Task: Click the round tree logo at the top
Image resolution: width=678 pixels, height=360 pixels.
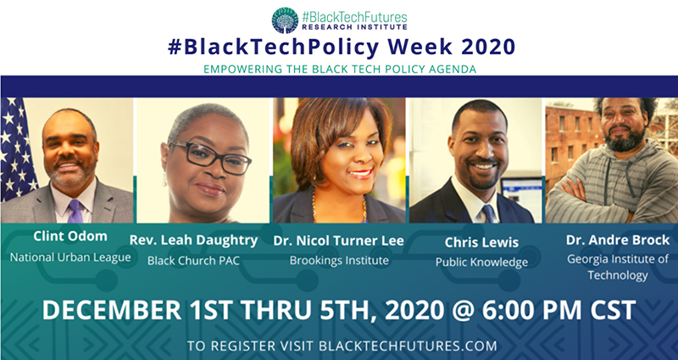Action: (285, 20)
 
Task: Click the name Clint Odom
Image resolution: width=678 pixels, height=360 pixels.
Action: (70, 236)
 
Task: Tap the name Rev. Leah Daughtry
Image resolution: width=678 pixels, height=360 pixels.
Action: (193, 241)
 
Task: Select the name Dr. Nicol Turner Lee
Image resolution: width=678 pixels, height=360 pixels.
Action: (338, 241)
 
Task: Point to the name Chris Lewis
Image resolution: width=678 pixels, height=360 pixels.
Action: (481, 242)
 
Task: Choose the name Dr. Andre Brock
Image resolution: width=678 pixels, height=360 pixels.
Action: (618, 241)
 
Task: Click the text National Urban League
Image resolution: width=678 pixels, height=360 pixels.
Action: (70, 258)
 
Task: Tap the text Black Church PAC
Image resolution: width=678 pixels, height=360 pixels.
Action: (193, 261)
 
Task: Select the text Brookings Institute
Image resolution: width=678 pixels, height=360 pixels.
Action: (339, 261)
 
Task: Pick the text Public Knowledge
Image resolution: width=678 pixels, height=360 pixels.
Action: (481, 263)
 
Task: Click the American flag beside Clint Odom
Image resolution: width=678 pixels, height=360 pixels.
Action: (17, 150)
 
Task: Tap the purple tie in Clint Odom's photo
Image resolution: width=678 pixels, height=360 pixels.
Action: (75, 211)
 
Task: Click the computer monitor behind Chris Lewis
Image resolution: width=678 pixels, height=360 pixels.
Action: (521, 197)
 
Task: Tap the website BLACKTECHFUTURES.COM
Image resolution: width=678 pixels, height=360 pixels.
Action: (408, 346)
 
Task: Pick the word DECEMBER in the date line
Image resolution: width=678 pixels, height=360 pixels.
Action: (112, 310)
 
